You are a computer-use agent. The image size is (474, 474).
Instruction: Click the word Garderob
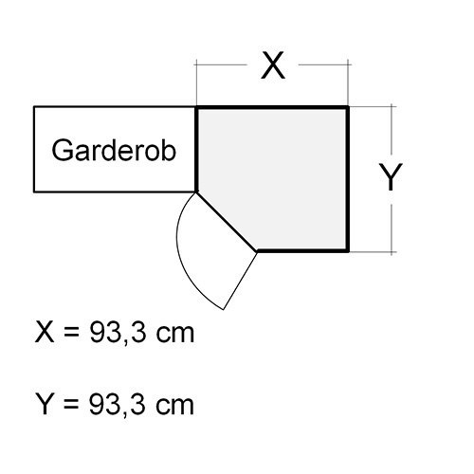click(x=114, y=150)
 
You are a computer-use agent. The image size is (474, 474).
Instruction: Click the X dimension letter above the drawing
click(x=273, y=65)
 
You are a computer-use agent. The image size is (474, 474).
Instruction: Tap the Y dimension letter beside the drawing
click(x=391, y=177)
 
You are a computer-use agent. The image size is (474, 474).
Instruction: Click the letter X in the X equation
click(x=45, y=332)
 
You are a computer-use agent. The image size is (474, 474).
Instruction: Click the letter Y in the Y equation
click(x=44, y=404)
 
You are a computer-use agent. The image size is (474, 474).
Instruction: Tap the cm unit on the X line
click(x=174, y=335)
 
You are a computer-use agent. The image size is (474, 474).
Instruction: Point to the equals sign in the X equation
click(x=71, y=333)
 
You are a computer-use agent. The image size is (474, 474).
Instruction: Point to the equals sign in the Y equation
click(x=71, y=404)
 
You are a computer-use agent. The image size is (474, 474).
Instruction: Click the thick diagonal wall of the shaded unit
click(x=227, y=222)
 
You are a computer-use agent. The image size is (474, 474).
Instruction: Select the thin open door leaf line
click(x=241, y=281)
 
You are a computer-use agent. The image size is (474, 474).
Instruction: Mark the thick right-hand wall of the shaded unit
click(x=347, y=179)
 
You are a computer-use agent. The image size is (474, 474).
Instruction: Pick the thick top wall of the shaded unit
click(x=272, y=108)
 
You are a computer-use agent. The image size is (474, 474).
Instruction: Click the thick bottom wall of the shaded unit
click(x=303, y=251)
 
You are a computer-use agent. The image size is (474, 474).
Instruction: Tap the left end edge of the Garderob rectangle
click(x=34, y=149)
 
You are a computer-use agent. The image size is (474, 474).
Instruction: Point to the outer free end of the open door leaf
click(x=224, y=310)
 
